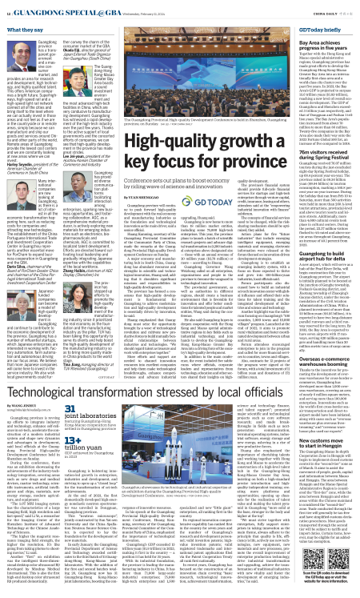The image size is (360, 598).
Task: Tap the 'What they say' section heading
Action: tap(25, 29)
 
